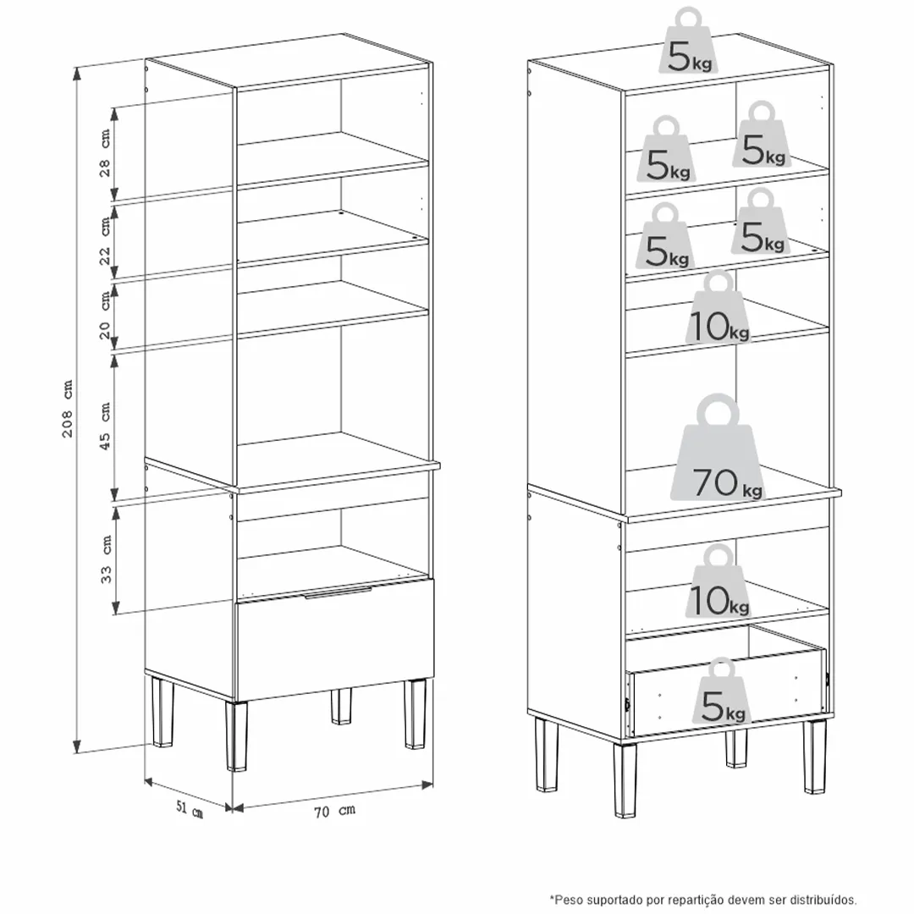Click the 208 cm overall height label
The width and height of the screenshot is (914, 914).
pos(69,408)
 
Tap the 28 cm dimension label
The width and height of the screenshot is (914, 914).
pos(104,152)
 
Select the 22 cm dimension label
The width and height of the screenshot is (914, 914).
pos(104,240)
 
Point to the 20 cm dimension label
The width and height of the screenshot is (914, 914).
pos(104,315)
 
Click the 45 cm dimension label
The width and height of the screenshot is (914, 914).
pos(105,426)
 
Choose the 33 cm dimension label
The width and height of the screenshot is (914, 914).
pos(106,559)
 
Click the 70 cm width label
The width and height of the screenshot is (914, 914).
pos(334,811)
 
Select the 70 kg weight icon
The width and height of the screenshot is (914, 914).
pos(718,449)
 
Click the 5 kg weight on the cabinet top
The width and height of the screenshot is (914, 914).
pos(688,41)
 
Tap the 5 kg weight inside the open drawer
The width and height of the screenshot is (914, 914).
pos(722,691)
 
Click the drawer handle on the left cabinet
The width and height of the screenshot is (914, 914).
pos(338,592)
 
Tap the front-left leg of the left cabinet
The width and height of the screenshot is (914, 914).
pos(236,735)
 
